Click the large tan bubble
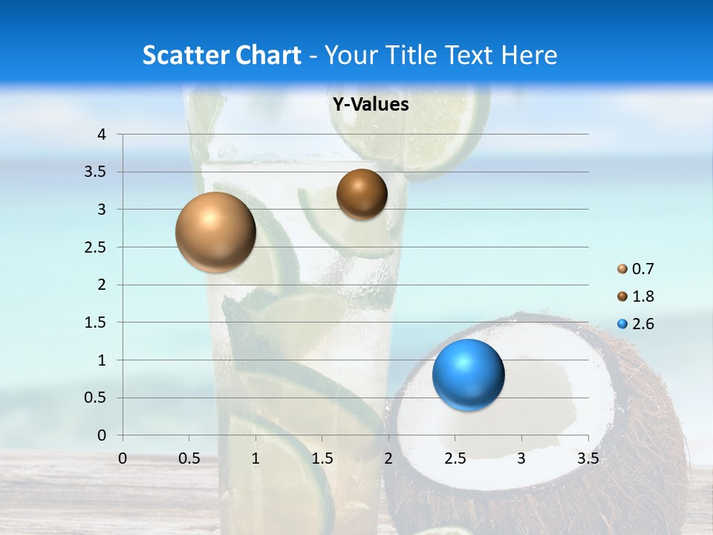pos(215,232)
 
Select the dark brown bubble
pos(362,194)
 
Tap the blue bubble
pos(468,374)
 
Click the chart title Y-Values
pos(371,105)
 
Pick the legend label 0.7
pos(643,269)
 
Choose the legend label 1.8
pos(643,296)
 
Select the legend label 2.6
pos(643,324)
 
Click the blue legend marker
pos(622,324)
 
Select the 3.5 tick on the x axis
pos(587,458)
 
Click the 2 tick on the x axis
pos(388,458)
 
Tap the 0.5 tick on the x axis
pos(189,458)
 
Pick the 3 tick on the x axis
pos(521,458)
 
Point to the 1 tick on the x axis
pos(255,458)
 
